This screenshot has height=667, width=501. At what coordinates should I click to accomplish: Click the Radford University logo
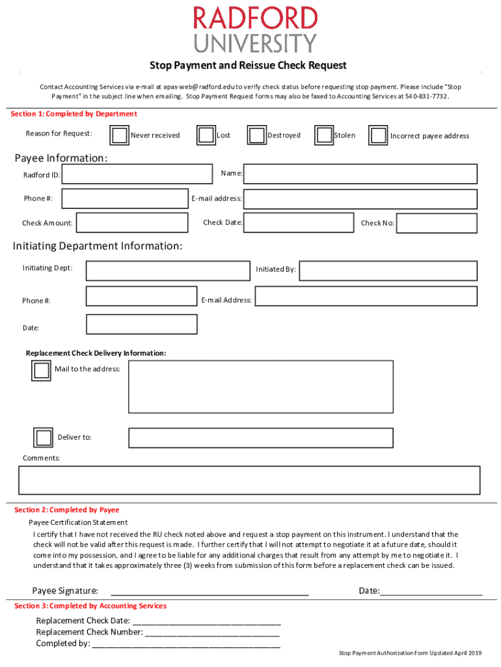coord(255,29)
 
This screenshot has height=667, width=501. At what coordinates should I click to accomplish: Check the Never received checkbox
coord(119,135)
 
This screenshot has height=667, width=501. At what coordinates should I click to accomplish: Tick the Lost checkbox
coord(206,135)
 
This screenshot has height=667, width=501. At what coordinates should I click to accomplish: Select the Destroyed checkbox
coord(256,135)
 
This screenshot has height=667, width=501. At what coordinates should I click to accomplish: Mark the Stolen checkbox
coord(324,135)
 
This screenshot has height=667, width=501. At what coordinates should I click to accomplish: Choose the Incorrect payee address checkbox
coord(379,135)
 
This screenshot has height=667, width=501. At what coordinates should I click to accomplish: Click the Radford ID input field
coord(137,175)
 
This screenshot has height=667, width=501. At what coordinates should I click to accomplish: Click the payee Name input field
coord(360,174)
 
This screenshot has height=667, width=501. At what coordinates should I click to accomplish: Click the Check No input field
coord(437,223)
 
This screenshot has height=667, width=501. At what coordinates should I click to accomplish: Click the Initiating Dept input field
coord(168,270)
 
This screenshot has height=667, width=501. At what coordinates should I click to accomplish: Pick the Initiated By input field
coord(388,271)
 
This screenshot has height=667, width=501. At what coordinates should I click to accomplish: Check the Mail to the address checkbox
coord(41,371)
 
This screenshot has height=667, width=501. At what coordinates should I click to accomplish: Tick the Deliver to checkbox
coord(44,438)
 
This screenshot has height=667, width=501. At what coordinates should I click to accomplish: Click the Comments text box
coord(250,480)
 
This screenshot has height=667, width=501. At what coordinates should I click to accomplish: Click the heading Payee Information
coord(61,158)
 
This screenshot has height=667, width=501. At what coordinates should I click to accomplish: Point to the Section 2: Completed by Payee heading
coord(67,510)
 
